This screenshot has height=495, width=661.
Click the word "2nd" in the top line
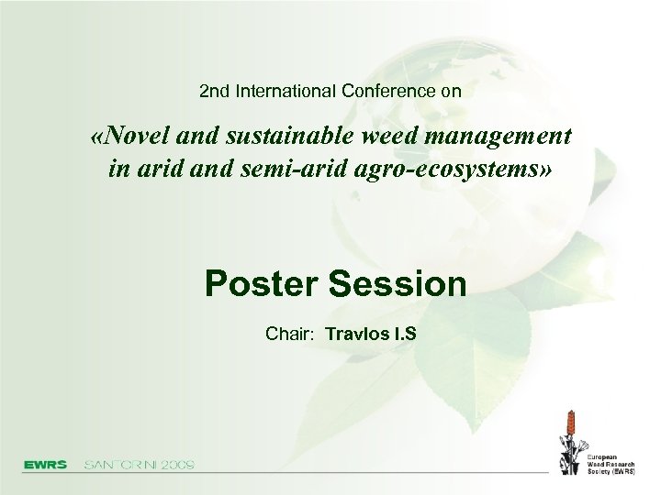point(215,92)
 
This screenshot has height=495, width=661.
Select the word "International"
point(286,92)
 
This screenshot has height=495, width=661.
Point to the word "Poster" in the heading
point(262,283)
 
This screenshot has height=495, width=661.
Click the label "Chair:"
point(290,333)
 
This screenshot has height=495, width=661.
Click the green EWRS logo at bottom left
point(45,465)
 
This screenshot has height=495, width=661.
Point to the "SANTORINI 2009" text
point(140,465)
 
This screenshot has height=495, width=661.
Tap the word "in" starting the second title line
point(118,170)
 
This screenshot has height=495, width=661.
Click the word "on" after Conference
point(451,92)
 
